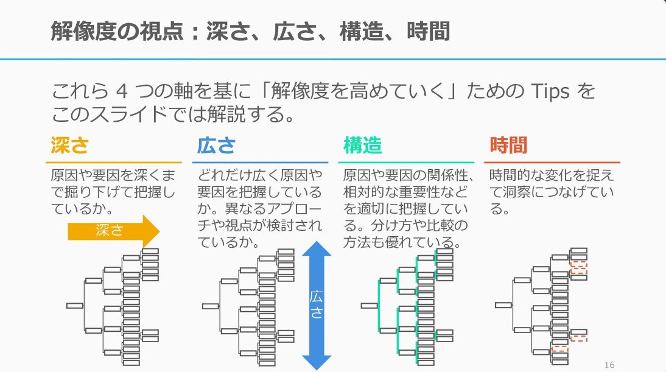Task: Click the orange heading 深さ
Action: (69, 146)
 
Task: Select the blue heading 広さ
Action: (216, 146)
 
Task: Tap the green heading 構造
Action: (363, 146)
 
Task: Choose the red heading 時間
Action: (508, 146)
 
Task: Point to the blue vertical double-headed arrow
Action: (317, 304)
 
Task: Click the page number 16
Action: (609, 364)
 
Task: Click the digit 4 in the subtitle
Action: (121, 93)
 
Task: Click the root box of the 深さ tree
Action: (75, 306)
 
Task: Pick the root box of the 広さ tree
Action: (210, 306)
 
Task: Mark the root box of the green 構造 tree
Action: (368, 306)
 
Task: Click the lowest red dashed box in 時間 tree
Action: (559, 349)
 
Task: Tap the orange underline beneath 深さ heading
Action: (113, 163)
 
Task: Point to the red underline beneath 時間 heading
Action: (552, 163)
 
